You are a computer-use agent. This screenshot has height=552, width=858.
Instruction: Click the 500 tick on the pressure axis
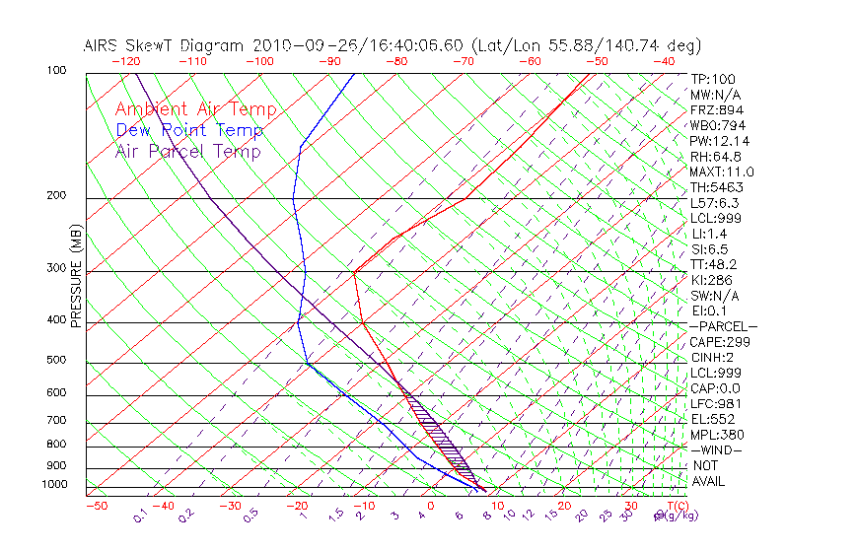click(x=55, y=360)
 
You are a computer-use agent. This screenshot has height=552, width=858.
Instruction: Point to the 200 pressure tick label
click(x=55, y=195)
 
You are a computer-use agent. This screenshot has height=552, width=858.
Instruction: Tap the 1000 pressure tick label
click(x=52, y=484)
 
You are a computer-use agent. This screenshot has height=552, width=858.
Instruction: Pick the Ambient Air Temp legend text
click(x=196, y=109)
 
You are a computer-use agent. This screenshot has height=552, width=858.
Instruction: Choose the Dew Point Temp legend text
click(x=189, y=130)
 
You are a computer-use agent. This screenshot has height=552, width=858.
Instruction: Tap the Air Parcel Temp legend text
click(x=188, y=151)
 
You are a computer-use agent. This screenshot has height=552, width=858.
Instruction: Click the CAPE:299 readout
click(x=720, y=342)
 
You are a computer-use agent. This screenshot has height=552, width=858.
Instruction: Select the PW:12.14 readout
click(x=715, y=141)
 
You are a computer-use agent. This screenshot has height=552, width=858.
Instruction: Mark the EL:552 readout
click(x=713, y=419)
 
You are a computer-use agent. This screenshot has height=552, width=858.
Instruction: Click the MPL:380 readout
click(x=717, y=435)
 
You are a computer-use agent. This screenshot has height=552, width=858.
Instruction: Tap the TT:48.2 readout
click(x=713, y=264)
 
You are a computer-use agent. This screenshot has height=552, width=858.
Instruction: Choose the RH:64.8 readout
click(x=715, y=157)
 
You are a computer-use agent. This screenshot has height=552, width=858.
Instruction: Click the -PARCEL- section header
click(x=723, y=326)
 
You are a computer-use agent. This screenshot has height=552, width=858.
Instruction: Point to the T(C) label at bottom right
click(x=672, y=506)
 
